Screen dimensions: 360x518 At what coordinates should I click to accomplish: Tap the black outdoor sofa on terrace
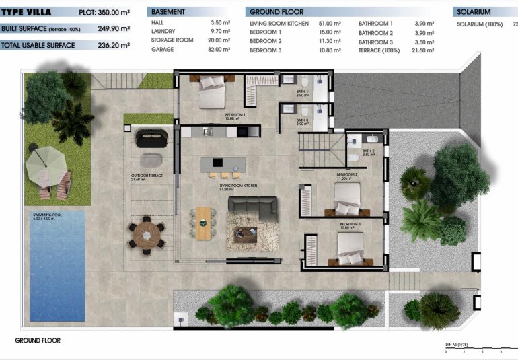pyautogui.click(x=151, y=139)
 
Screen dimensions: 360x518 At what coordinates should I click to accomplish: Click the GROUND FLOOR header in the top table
pyautogui.click(x=276, y=12)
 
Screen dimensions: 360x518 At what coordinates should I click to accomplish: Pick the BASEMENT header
pyautogui.click(x=168, y=12)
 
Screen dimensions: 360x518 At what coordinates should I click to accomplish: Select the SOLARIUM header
pyautogui.click(x=474, y=12)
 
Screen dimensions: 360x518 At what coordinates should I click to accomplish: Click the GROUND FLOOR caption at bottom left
pyautogui.click(x=38, y=340)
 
